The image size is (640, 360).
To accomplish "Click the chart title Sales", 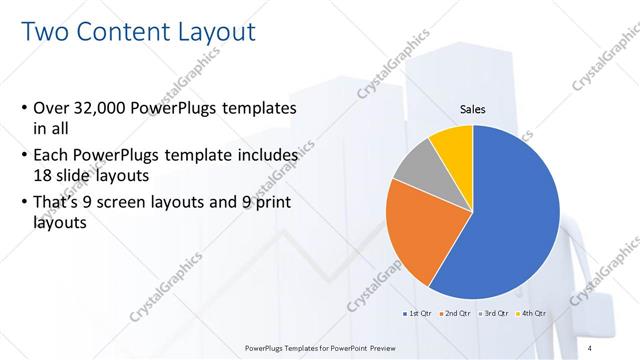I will click(472, 110).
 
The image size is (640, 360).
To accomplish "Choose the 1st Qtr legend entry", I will click(418, 313).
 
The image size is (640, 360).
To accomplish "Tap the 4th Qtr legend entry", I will click(534, 313).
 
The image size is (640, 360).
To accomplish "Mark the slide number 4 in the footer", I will click(607, 348).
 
